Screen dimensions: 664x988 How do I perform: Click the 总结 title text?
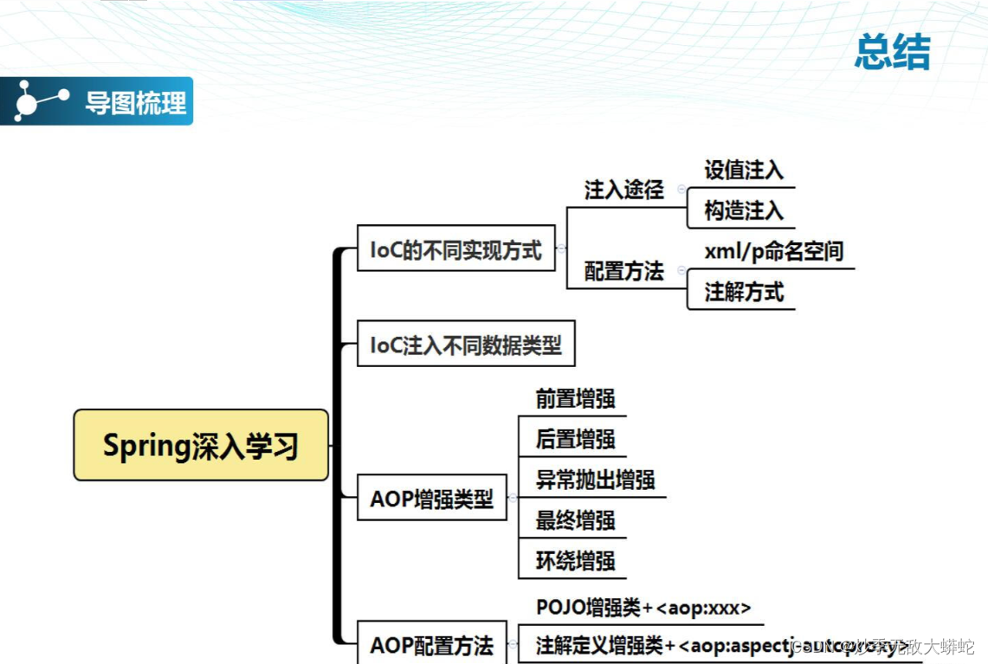[892, 53]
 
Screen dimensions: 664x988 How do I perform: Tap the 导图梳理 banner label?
[136, 103]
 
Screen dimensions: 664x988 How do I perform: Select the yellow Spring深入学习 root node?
[201, 445]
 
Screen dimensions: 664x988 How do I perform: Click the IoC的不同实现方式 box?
[455, 249]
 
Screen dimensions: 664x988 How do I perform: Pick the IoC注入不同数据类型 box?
[466, 345]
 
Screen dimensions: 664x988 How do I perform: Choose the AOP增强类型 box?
[431, 499]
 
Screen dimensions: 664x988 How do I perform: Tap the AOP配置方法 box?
[431, 645]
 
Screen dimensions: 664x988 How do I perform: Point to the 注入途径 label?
[623, 190]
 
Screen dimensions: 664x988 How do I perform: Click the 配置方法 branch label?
[623, 271]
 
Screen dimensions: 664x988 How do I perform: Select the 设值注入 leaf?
[744, 170]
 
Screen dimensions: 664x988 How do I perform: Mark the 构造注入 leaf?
[744, 210]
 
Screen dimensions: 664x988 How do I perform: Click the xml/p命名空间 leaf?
[773, 251]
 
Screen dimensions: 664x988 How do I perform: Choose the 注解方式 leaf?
[744, 292]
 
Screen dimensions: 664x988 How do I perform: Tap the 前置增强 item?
[575, 398]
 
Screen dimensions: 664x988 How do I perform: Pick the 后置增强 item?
[575, 439]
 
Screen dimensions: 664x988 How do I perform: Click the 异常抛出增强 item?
[595, 480]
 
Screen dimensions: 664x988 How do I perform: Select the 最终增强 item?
[575, 520]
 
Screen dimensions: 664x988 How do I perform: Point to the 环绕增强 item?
[575, 560]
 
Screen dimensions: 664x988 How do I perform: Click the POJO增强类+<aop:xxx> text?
[643, 607]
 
